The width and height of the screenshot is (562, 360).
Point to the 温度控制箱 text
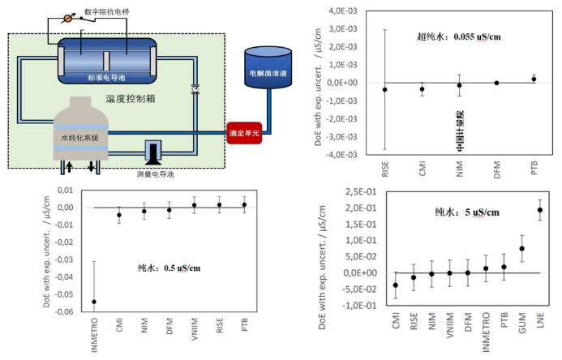tap(131, 99)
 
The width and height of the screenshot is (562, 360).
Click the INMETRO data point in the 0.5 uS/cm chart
tap(94, 302)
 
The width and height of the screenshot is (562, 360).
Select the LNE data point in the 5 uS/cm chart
tap(540, 210)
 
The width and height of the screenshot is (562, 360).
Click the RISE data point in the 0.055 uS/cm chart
tap(384, 89)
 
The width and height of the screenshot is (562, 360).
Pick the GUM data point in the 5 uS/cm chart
tap(521, 248)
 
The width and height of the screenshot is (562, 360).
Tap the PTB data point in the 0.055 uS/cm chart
tap(534, 79)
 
